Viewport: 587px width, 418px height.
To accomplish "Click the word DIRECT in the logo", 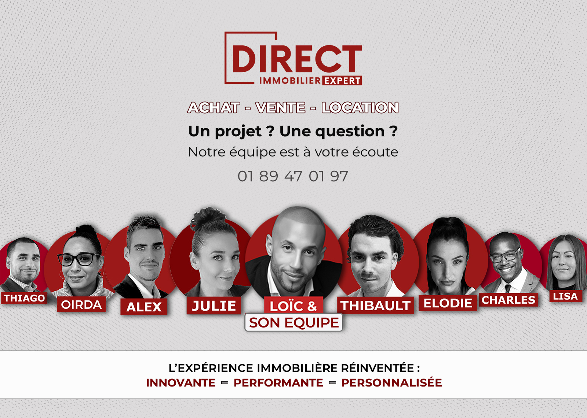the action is tap(297, 59).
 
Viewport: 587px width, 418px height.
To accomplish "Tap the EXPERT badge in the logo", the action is tap(342, 81).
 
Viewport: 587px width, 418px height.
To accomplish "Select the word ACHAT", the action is tap(214, 108).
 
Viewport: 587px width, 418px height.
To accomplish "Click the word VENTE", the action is tap(280, 108).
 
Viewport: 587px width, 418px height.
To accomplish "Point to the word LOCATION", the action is tap(360, 108).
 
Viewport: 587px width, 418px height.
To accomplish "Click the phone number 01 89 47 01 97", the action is tap(293, 176).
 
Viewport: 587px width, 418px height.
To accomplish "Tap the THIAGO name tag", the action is tap(24, 298).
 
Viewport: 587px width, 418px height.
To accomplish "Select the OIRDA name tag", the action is tap(81, 304).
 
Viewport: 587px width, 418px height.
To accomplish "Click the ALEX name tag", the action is tap(144, 307).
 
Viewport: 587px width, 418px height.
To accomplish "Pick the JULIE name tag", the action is tap(214, 306).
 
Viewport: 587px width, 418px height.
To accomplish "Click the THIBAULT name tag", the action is tap(375, 306).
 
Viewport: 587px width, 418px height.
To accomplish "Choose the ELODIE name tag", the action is tap(448, 303).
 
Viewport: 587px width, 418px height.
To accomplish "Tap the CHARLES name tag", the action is tap(508, 300).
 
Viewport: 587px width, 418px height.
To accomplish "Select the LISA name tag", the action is tap(565, 296).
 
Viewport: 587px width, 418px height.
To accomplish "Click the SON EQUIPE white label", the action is tap(294, 322).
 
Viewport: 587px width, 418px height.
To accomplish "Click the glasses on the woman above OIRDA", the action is tap(79, 259).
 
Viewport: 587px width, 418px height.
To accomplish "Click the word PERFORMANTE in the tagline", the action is tap(278, 383).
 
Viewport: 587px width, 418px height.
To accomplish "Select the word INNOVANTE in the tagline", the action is tap(181, 383).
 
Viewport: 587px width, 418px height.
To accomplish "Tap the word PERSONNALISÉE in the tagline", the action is tap(391, 382).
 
